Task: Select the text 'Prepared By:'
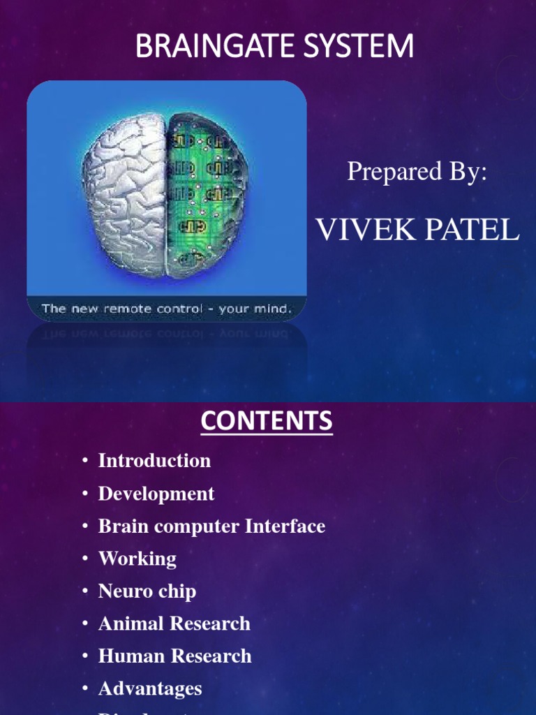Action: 417,171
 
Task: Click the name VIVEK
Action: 366,230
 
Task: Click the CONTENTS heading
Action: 267,422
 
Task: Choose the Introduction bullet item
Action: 154,461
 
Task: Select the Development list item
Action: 156,494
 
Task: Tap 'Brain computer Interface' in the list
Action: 211,526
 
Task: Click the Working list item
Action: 137,559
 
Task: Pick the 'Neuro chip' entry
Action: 147,591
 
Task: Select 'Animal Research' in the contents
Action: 174,624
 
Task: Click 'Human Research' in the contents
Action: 174,656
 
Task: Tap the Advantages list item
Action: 150,688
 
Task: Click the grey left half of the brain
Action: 126,189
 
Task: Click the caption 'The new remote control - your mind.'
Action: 166,308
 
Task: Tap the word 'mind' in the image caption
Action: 274,308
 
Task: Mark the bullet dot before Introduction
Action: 85,461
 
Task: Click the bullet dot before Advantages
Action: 85,688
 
